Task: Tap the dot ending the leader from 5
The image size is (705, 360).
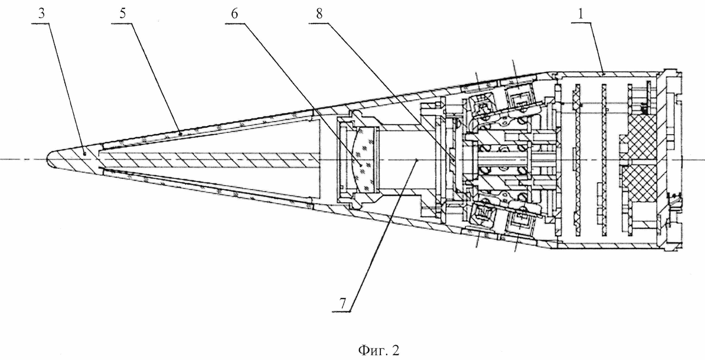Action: [180, 133]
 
